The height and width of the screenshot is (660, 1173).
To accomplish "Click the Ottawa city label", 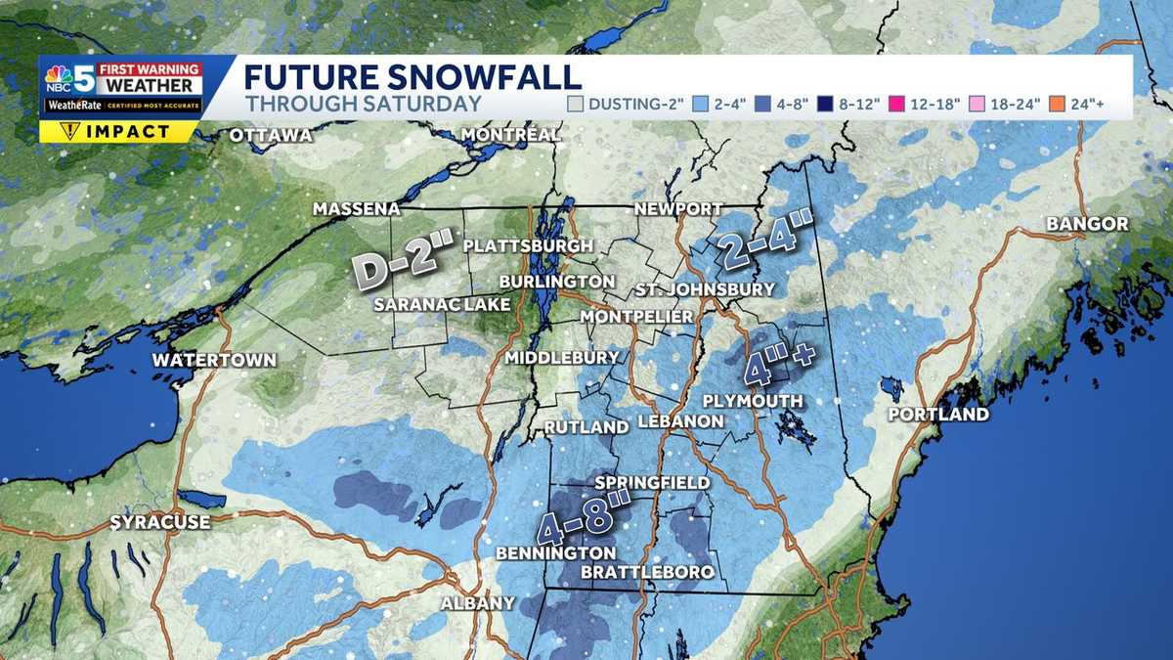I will [271, 136].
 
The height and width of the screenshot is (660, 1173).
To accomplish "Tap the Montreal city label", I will [511, 134].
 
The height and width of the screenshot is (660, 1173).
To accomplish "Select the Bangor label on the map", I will [1087, 225].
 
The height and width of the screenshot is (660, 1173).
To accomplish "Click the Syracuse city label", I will [160, 522].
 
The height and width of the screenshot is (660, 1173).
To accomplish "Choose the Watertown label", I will [214, 361].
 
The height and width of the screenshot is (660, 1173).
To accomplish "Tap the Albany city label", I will [477, 603].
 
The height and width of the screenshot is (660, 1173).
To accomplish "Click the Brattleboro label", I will [647, 572].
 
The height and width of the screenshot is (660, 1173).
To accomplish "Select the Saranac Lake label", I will [442, 305].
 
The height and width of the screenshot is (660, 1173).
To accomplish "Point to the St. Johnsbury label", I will [704, 289].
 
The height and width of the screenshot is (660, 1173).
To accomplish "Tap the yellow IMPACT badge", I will [118, 132].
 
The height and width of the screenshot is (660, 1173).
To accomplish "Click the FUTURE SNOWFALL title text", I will [412, 76].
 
